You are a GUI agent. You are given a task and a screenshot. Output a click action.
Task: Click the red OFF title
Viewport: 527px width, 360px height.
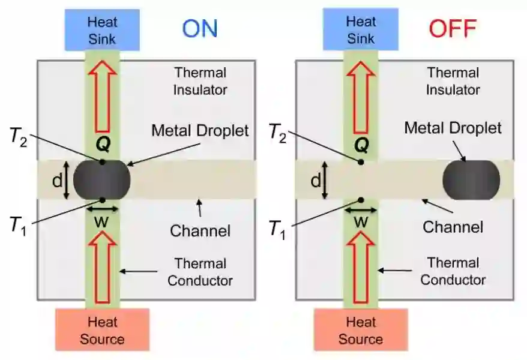tap(453, 28)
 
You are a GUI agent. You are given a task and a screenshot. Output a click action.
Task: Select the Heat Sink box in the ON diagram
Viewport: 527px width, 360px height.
tap(103, 31)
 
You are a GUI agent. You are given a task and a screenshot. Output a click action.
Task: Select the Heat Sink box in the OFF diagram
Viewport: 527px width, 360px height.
tap(361, 31)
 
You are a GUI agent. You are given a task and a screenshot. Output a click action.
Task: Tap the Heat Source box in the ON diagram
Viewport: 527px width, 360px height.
tap(102, 330)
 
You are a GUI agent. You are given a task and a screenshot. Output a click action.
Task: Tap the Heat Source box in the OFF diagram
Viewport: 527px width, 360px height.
tap(361, 330)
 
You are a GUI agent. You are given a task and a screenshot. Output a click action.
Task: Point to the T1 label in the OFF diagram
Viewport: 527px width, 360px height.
tap(277, 228)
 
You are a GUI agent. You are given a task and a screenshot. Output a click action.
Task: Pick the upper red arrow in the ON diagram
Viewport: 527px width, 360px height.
tap(102, 98)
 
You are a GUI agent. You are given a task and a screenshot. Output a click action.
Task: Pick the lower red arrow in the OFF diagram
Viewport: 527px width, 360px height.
tap(361, 266)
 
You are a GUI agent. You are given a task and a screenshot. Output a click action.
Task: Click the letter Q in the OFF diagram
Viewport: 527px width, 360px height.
tap(361, 145)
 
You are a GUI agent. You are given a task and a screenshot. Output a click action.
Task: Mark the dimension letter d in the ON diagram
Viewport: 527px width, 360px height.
tap(58, 180)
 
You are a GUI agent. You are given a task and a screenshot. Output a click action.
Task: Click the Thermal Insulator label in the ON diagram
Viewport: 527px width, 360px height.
tap(200, 81)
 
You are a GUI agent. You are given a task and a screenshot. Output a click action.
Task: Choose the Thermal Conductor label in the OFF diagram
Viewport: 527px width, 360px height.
tap(453, 271)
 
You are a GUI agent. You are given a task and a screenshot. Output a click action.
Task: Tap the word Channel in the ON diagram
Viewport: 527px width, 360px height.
tap(200, 230)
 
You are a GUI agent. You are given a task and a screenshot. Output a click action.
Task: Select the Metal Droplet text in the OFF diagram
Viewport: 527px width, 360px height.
tap(453, 128)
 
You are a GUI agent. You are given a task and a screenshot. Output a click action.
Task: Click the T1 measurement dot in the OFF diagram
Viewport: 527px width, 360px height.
tap(361, 200)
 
